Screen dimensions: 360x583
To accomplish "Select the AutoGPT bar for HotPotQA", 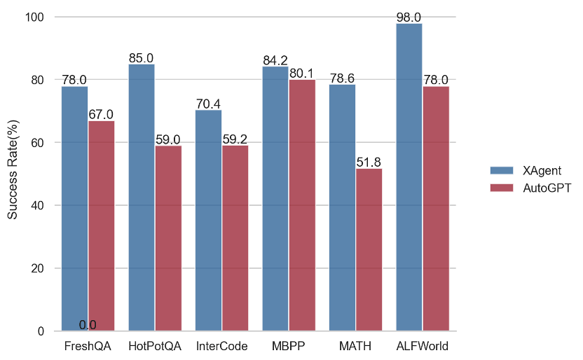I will point(168,238).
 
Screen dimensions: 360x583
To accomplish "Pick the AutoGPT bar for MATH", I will point(369,249).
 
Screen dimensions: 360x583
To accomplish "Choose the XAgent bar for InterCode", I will point(208,220).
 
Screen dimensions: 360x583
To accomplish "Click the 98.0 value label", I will point(409,17).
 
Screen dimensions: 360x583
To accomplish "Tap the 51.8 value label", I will point(369,162).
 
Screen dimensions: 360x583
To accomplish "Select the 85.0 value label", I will point(141,58).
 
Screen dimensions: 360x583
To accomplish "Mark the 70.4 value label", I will point(208,104).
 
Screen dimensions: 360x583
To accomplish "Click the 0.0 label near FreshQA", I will point(88,325).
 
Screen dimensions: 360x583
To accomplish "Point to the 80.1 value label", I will point(302,73).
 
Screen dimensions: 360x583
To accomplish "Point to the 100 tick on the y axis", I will point(36,17).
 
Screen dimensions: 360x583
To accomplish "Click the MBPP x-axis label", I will point(289,346).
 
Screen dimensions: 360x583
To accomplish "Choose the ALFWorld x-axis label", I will point(422,346).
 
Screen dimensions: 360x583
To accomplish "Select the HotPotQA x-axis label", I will point(155,346).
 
